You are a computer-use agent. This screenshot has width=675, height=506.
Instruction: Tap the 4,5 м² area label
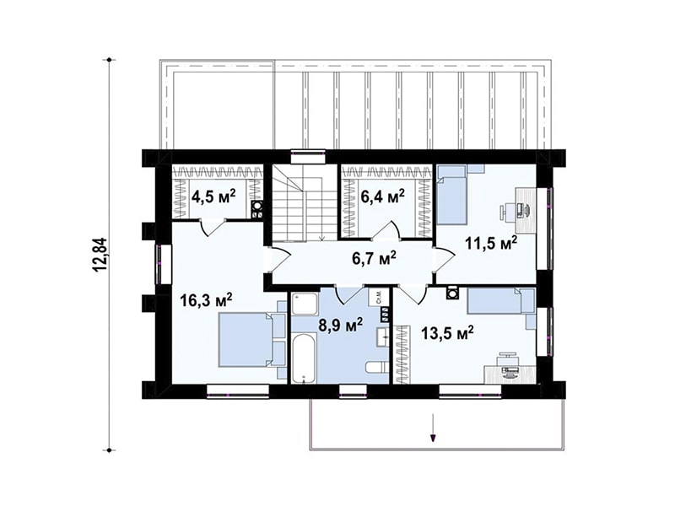[213, 198]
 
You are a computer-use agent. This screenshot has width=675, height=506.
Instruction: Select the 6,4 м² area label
[382, 197]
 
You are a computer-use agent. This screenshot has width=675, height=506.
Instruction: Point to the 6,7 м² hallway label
[373, 259]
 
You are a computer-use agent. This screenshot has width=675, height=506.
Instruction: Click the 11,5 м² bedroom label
[490, 243]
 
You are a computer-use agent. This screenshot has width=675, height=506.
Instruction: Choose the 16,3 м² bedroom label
[206, 300]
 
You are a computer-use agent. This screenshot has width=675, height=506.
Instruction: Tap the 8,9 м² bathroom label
[341, 325]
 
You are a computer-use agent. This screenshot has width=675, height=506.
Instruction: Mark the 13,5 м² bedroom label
[447, 332]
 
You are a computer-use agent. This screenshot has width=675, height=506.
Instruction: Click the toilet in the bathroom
[376, 369]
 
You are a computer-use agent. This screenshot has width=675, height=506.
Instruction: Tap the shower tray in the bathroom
[305, 304]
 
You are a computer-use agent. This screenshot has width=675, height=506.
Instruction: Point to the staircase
[304, 202]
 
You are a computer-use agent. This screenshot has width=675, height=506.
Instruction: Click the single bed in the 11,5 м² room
[452, 196]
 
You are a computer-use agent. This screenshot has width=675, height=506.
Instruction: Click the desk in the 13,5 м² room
[510, 374]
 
